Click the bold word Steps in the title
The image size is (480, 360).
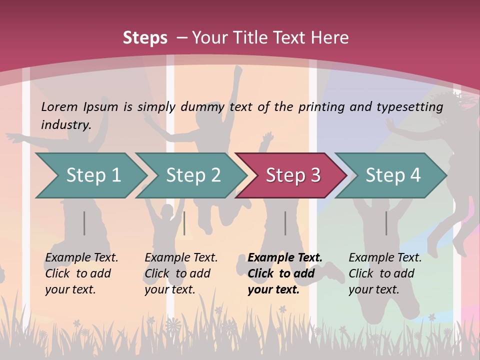point(145,38)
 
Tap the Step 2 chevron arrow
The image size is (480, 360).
point(192,175)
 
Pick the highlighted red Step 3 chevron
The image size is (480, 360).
point(292,175)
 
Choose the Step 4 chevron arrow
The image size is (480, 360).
point(392,175)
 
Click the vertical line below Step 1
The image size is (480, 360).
point(84,223)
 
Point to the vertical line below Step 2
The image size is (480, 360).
point(184,223)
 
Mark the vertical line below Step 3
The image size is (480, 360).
point(285,223)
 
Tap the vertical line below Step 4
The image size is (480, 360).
point(386,223)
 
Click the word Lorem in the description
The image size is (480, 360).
point(59,106)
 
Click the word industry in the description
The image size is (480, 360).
point(66,124)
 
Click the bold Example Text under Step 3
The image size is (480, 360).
point(285,257)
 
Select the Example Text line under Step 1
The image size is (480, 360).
point(81,257)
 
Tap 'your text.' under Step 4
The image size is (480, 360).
point(373,289)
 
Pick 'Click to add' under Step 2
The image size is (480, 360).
point(177,273)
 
